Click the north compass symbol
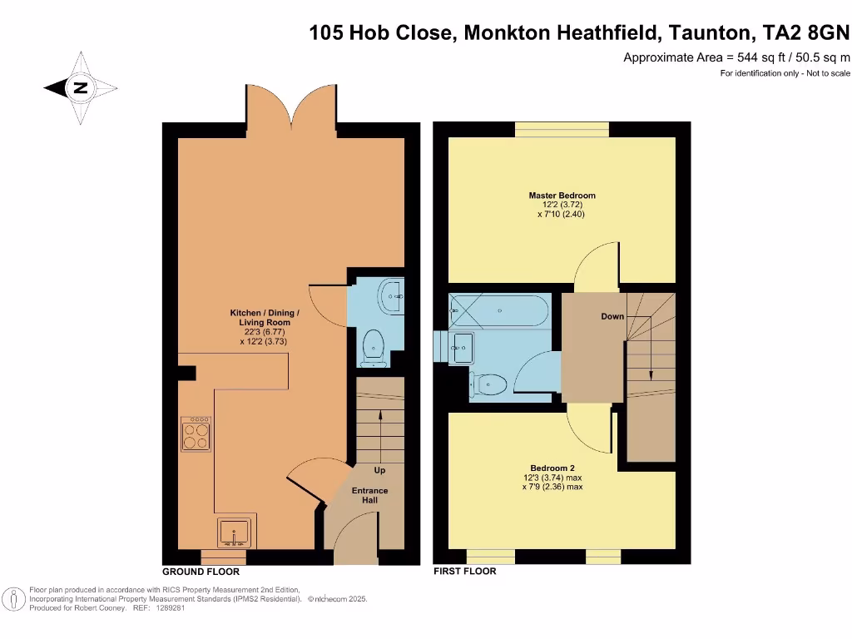[81, 87]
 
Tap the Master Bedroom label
[562, 196]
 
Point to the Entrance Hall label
[369, 495]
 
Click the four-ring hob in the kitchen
[196, 433]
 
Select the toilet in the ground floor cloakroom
[374, 345]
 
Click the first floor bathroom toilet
[489, 384]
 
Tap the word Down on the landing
[612, 316]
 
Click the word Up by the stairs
[379, 470]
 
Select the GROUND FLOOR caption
[201, 572]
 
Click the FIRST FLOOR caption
[465, 572]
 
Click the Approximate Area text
[736, 57]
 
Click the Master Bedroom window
[562, 129]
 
